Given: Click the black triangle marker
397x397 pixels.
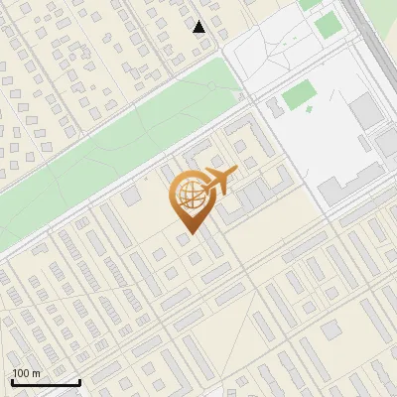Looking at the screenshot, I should pos(199,27).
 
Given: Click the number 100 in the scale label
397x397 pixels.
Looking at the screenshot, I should pos(21,373).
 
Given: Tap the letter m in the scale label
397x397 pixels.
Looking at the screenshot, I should pos(36,373).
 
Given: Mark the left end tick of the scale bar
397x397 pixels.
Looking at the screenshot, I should pos(11,381).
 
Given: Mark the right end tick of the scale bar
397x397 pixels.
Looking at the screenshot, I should pos(79,381).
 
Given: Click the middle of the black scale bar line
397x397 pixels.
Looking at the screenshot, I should pos(46,383).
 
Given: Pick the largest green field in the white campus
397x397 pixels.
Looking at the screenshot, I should pos(299,95).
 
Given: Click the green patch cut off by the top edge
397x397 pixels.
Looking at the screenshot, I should pos(311,4).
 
